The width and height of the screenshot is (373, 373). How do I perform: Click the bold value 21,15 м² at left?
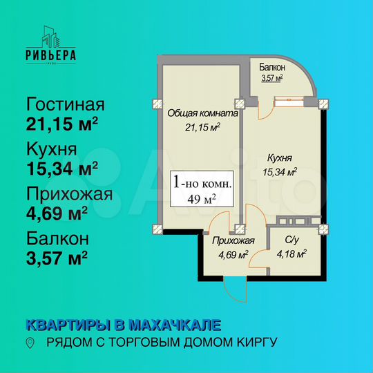tap(61, 125)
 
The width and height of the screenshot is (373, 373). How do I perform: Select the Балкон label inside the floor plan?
tap(273, 68)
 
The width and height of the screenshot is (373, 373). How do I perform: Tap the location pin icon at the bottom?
tap(29, 343)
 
